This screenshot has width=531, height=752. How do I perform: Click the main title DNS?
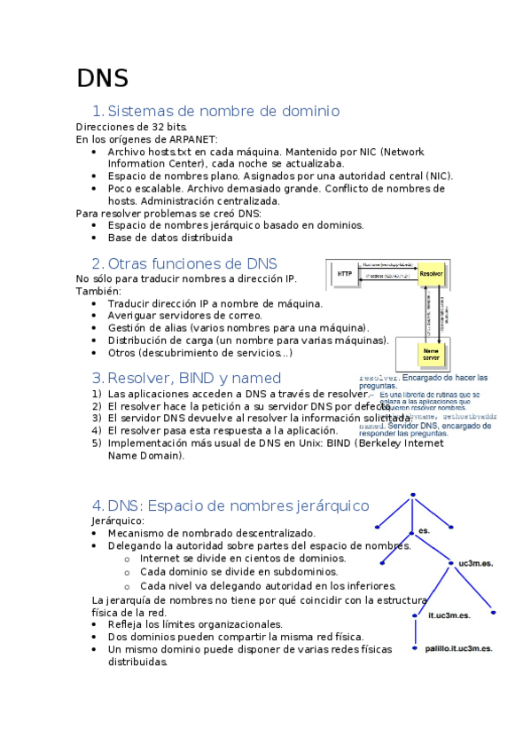102,78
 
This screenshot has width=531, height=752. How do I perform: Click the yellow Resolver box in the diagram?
431,274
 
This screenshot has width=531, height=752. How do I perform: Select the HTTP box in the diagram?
344,275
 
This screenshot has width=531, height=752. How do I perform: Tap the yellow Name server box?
431,354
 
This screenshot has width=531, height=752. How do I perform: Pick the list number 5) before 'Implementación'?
97,443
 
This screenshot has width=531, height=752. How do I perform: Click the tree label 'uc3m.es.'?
476,563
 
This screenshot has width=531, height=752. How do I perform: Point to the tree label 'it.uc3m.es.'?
449,615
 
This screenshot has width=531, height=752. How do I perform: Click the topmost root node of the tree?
412,496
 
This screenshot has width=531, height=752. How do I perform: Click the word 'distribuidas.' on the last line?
137,662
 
